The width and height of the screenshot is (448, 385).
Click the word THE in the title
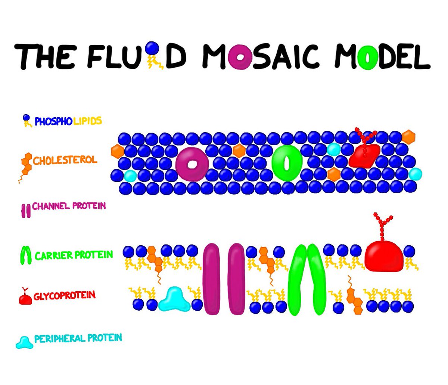[x=44, y=56]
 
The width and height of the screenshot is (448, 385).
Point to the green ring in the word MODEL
[x=367, y=57]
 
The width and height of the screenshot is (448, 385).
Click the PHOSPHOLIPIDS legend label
[x=68, y=121]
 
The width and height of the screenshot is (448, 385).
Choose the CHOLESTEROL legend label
[x=65, y=161]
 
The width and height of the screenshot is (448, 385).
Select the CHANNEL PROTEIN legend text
[x=69, y=206]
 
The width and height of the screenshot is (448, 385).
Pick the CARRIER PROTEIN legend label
[x=74, y=255]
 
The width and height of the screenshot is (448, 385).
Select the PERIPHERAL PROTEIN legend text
[x=78, y=339]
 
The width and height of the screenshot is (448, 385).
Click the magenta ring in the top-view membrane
[x=192, y=164]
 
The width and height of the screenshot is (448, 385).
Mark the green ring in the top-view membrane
[x=287, y=163]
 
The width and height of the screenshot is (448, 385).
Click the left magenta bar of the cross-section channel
[x=212, y=279]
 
